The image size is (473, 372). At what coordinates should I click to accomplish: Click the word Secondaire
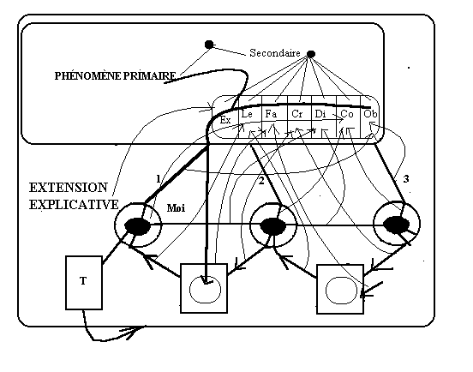275,53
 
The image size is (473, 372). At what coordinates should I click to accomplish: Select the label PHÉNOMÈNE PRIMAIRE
115,76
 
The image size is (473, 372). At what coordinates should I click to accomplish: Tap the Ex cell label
225,120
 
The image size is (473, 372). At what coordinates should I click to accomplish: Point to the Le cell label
247,114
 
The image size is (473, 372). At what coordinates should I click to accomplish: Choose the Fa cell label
271,114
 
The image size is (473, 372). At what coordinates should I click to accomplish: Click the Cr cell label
296,114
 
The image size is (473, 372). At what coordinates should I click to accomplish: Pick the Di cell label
320,114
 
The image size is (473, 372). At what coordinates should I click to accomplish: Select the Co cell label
346,114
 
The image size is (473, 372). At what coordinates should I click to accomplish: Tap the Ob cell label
370,114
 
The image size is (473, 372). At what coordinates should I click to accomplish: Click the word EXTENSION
69,188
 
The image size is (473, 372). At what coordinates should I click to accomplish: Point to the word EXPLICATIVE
74,205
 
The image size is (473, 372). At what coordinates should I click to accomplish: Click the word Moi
176,208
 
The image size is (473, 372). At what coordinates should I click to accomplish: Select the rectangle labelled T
84,283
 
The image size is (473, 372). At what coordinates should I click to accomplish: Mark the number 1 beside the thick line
159,179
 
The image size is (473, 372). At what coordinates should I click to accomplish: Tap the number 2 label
261,181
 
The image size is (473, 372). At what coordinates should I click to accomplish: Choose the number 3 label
406,179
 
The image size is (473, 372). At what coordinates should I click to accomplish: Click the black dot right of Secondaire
311,54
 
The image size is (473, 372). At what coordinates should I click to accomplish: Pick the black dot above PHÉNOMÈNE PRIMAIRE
209,45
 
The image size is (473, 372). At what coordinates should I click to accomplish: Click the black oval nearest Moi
137,226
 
